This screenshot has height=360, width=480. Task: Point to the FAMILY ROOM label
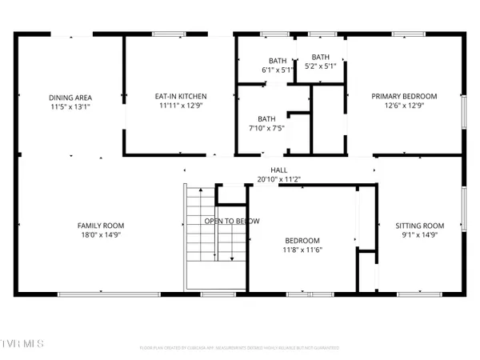click(x=101, y=226)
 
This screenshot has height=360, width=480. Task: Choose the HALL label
click(x=278, y=170)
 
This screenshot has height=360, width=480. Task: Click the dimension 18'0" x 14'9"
click(x=101, y=235)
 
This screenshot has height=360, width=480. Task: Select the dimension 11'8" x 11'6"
click(x=303, y=250)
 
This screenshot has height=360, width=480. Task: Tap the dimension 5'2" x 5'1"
click(x=320, y=66)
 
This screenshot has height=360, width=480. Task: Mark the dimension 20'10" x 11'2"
click(x=278, y=179)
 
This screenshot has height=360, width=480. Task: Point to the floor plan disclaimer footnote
click(x=239, y=349)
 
